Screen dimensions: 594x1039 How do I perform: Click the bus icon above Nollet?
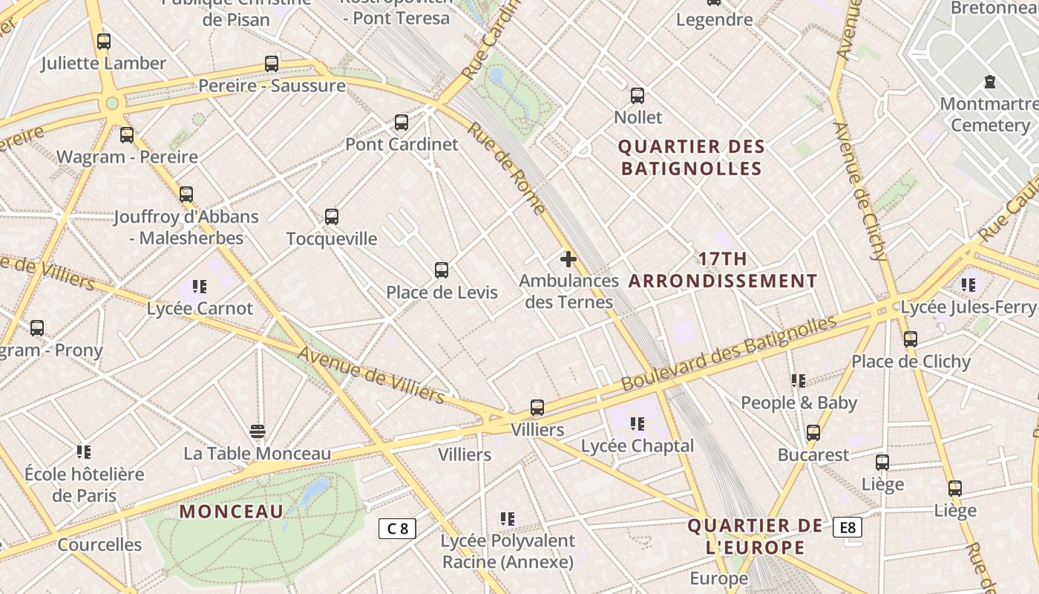coord(638,95)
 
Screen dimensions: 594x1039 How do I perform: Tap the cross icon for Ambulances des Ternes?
coord(568,259)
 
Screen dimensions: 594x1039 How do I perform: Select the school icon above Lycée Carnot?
coord(199,286)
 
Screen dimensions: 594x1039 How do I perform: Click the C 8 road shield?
coord(397,529)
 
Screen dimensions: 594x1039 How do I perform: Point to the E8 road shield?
coord(848,528)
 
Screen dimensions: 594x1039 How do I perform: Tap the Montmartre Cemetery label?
coord(989,114)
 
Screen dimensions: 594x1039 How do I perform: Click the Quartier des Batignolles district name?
coord(692,157)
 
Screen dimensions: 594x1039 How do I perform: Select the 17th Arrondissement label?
coord(724,270)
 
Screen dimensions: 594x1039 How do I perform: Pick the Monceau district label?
coord(232,512)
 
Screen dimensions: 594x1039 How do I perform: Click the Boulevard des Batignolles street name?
coord(729,353)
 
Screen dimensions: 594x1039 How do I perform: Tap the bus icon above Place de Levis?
coord(442,270)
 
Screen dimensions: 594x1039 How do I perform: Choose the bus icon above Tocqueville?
coord(332,217)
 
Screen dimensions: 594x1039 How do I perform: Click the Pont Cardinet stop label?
coord(402,144)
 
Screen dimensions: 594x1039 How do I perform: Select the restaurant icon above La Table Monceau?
coord(258,431)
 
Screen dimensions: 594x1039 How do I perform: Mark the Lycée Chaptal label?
coord(638,446)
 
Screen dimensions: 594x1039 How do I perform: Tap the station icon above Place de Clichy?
coord(911,339)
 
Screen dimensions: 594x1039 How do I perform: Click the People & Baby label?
coord(799,402)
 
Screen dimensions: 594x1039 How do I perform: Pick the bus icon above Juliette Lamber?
coord(104,42)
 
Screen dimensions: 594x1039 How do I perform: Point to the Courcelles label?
coord(99,544)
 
